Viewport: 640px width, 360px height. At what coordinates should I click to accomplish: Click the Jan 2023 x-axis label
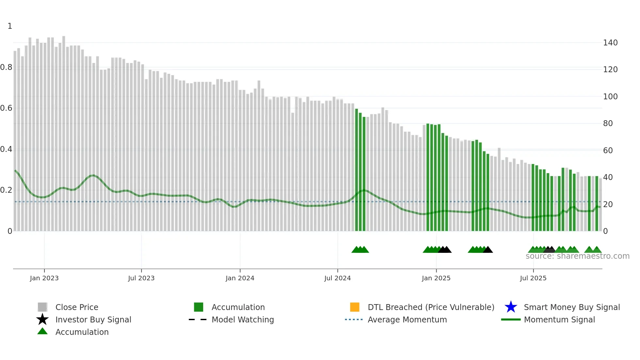44,278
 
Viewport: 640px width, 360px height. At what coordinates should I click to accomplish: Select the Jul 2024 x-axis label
337,278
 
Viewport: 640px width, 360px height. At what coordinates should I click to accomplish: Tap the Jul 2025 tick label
533,278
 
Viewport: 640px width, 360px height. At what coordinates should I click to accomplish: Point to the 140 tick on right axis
610,43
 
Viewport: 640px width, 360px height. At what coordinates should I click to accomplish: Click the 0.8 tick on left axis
6,67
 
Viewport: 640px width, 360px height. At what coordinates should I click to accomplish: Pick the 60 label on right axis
608,151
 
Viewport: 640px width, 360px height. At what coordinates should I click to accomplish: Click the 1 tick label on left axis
10,26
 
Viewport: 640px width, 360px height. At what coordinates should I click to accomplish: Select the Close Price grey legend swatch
42,307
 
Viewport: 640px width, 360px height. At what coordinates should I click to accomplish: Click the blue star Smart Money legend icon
511,307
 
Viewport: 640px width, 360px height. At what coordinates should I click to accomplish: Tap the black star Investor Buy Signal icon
42,319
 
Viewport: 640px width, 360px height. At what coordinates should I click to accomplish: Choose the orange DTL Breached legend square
355,307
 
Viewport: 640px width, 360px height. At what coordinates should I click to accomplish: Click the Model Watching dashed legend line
198,319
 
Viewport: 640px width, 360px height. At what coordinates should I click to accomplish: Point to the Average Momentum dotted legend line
354,319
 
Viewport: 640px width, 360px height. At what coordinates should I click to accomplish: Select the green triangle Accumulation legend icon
42,332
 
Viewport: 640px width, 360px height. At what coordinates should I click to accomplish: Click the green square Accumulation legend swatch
199,307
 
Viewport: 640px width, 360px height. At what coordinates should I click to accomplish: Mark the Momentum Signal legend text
559,319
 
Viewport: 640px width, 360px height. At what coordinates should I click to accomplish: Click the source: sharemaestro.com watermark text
577,256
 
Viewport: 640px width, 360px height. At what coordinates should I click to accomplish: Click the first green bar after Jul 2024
357,170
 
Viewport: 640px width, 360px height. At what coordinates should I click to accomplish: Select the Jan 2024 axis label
240,278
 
